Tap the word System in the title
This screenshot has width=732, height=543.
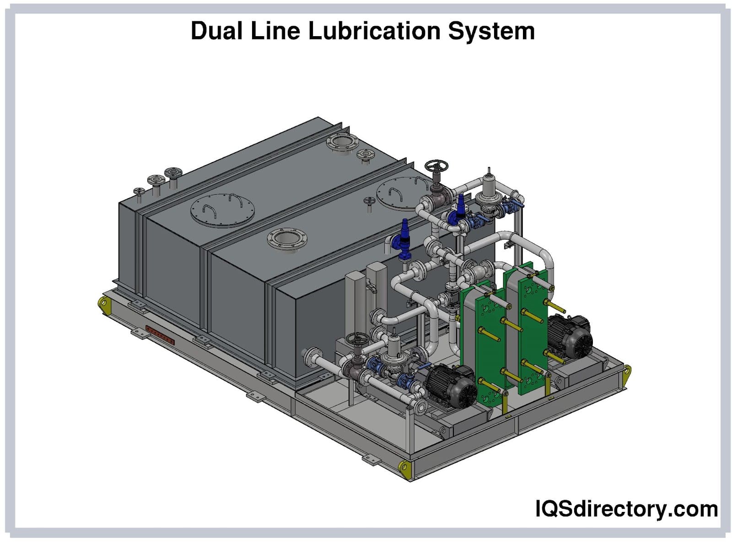491,31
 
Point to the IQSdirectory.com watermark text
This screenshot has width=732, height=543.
626,509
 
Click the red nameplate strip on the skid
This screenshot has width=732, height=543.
160,334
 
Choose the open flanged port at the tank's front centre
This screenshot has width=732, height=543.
287,240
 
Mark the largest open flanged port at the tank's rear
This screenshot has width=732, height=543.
341,142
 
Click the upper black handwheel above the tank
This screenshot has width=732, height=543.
436,167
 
